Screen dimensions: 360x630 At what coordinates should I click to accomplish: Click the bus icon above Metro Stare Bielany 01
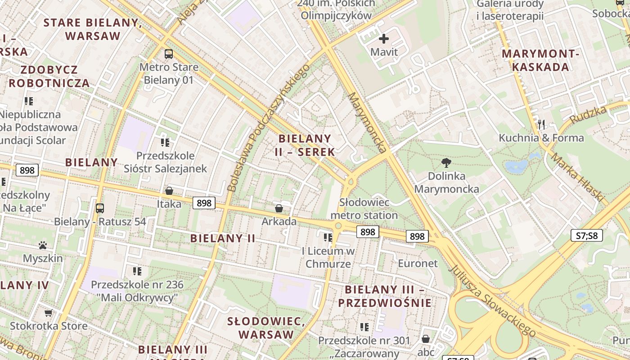pyautogui.click(x=169, y=54)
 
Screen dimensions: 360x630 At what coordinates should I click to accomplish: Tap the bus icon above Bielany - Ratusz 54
pyautogui.click(x=100, y=208)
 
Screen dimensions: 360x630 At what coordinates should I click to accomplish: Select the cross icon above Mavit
pyautogui.click(x=384, y=39)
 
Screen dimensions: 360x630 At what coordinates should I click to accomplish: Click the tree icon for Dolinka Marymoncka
pyautogui.click(x=446, y=163)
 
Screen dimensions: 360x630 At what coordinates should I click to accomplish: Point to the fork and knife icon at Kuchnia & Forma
pyautogui.click(x=541, y=125)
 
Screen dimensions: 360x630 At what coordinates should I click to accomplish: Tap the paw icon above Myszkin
pyautogui.click(x=43, y=245)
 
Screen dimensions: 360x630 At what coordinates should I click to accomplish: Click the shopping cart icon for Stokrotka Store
pyautogui.click(x=49, y=313)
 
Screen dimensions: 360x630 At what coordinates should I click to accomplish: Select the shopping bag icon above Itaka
pyautogui.click(x=169, y=191)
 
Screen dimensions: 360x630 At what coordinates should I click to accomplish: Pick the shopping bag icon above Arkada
pyautogui.click(x=279, y=208)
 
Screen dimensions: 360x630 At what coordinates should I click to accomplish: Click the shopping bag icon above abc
pyautogui.click(x=426, y=339)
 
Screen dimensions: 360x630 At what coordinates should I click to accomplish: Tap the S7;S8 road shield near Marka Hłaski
pyautogui.click(x=587, y=235)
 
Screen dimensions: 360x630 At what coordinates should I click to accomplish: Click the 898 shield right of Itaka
pyautogui.click(x=204, y=203)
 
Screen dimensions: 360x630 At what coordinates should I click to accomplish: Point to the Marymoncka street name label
pyautogui.click(x=368, y=122)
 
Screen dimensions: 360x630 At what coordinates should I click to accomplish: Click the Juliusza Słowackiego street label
pyautogui.click(x=493, y=300)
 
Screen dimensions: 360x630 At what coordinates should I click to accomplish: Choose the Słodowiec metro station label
pyautogui.click(x=364, y=209)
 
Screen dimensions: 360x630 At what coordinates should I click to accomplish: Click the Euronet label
pyautogui.click(x=418, y=263)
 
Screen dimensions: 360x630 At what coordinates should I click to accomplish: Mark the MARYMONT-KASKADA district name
pyautogui.click(x=541, y=60)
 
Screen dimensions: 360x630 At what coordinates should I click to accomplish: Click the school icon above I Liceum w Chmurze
pyautogui.click(x=328, y=237)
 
